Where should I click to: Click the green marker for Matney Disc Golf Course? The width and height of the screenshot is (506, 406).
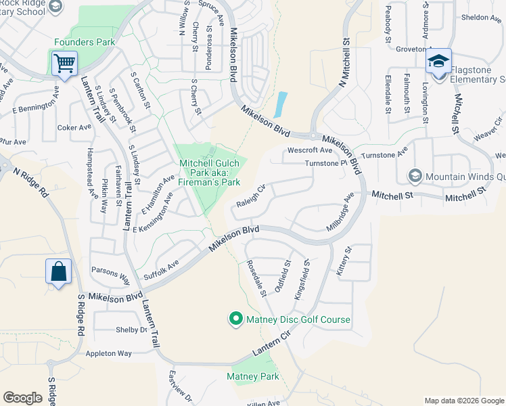pyautogui.click(x=235, y=318)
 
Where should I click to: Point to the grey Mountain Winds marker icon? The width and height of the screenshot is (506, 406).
pyautogui.click(x=415, y=177)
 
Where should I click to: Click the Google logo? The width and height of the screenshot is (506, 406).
pyautogui.click(x=22, y=398)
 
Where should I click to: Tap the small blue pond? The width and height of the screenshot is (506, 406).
pyautogui.click(x=279, y=104)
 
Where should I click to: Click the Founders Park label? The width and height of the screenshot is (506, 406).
pyautogui.click(x=84, y=42)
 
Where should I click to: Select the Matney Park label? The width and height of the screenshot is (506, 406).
pyautogui.click(x=252, y=376)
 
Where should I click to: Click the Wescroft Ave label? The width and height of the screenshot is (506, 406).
pyautogui.click(x=310, y=150)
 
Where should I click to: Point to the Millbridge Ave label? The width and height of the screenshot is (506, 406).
pyautogui.click(x=340, y=212)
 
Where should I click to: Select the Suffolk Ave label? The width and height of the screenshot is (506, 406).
pyautogui.click(x=161, y=270)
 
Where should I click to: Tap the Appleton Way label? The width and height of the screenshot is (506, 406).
pyautogui.click(x=108, y=353)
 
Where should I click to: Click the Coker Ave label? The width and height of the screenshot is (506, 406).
pyautogui.click(x=74, y=127)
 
